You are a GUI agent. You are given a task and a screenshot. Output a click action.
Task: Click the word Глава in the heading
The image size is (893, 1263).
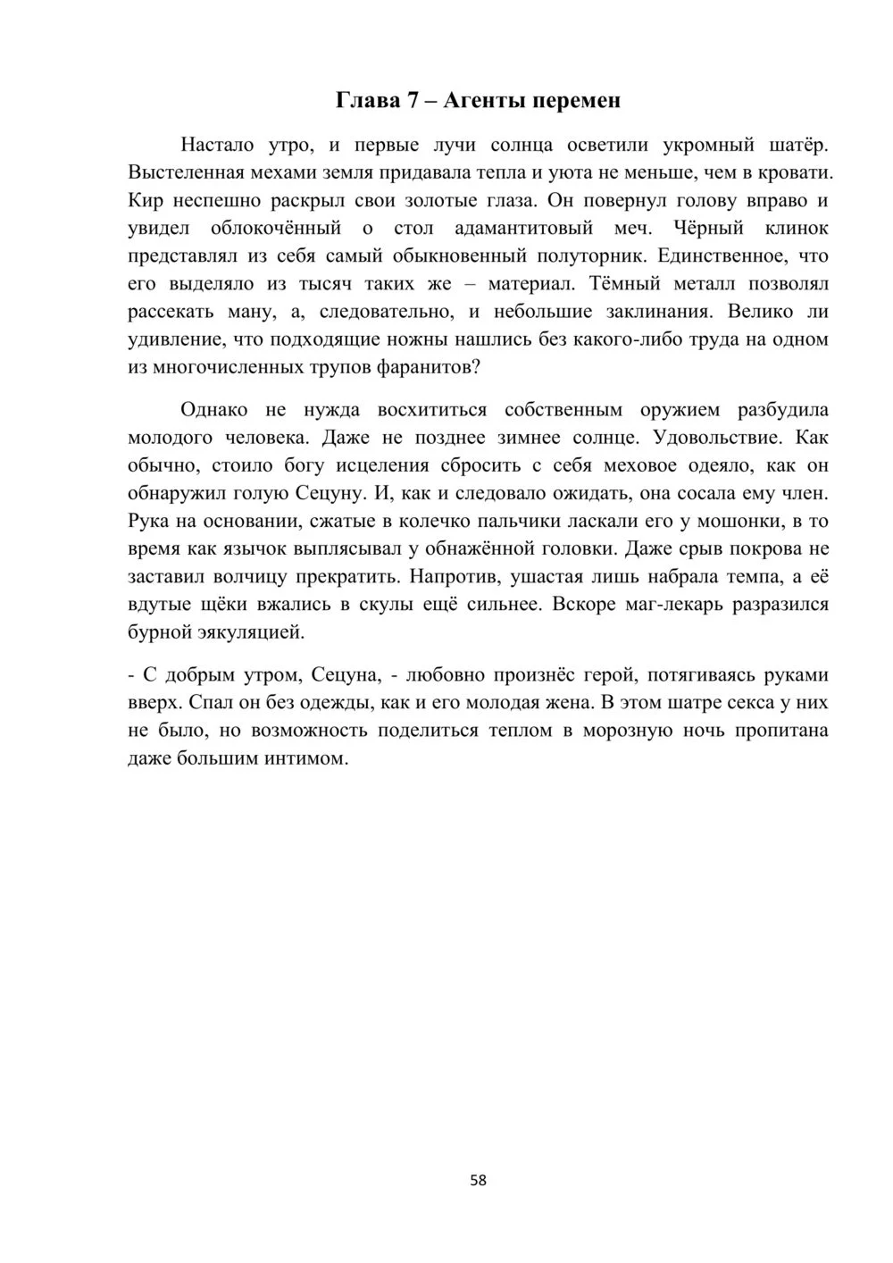367,100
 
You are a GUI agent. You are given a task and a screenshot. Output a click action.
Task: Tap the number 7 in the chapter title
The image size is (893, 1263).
413,100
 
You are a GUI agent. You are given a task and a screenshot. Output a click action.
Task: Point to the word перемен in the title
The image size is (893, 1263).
577,100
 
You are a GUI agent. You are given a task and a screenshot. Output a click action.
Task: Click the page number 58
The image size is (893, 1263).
479,1180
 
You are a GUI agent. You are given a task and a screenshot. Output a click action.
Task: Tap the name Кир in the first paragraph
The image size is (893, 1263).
144,200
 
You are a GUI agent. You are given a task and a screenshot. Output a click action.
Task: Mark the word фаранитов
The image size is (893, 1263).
425,367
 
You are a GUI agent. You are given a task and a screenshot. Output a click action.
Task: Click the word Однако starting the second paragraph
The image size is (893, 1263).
213,410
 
